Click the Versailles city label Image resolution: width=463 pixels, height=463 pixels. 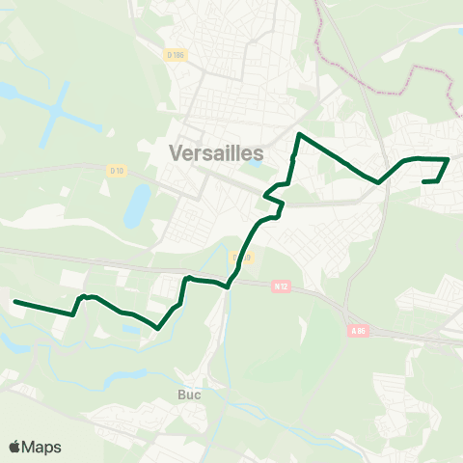216,151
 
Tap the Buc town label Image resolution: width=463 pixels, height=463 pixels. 189,395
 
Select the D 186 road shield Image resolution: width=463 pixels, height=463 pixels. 174,55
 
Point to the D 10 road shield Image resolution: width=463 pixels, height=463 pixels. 117,171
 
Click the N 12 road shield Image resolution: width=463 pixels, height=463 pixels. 282,286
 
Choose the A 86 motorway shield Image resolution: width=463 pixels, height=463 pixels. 359,331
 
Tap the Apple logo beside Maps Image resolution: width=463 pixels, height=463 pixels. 15,447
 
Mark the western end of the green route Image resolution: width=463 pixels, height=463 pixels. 14,302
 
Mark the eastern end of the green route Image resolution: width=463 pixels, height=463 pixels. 424,181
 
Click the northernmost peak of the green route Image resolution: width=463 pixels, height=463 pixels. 301,134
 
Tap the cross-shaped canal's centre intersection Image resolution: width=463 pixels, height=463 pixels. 60,109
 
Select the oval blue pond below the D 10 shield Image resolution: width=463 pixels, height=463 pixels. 137,204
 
